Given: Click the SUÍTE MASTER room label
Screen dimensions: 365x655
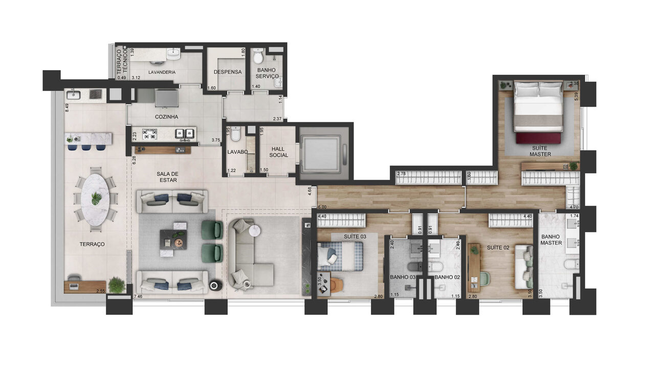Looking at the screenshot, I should [540, 151].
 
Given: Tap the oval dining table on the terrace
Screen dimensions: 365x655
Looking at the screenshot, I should [96, 198].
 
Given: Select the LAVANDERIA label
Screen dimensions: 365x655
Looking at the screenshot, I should [162, 72].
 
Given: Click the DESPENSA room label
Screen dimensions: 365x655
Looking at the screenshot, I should [227, 72].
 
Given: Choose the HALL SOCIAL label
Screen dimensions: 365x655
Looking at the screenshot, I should [278, 152].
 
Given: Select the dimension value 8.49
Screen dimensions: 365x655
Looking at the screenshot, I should [67, 108].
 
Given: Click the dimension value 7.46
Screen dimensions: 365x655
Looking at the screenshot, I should [138, 296].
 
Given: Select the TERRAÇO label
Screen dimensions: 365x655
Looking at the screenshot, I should [92, 244].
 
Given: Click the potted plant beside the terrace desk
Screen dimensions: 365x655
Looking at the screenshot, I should [117, 285].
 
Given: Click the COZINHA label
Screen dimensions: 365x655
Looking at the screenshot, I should [167, 117].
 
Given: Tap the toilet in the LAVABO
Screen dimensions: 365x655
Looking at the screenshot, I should [235, 134].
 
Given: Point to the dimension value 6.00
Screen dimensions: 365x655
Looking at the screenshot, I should [322, 207].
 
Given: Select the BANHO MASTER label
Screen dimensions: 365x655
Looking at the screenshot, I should [551, 240].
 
